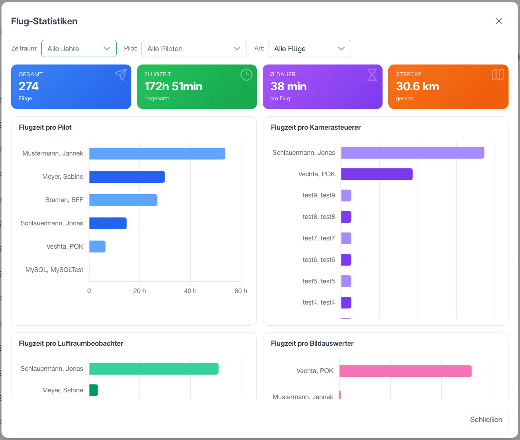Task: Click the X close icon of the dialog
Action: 498,21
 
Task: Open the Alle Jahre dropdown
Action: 79,48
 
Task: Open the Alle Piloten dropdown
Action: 194,48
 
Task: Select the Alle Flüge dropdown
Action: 309,48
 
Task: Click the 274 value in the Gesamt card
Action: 29,86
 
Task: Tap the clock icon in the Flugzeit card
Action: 246,75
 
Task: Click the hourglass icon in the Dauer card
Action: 372,75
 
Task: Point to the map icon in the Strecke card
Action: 498,75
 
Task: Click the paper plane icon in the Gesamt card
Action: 121,75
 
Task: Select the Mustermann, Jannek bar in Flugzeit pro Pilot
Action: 157,153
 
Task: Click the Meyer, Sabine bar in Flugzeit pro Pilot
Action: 127,177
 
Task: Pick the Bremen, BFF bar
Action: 123,200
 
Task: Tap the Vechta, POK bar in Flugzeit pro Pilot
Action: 97,247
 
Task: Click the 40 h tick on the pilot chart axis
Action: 190,291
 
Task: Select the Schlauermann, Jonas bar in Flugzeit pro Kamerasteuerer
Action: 413,153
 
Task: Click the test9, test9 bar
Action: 346,195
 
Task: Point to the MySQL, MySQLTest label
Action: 54,270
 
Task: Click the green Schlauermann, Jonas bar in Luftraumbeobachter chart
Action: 154,369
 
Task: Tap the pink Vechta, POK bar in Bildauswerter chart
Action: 405,371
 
